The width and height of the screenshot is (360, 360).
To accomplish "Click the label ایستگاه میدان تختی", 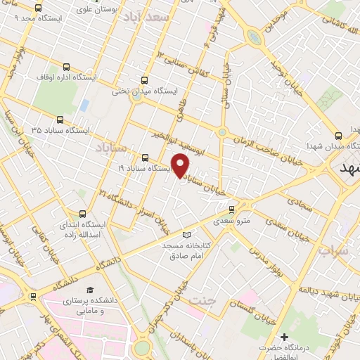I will pos(147,91).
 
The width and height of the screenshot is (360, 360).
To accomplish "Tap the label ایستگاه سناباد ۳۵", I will pos(60,131).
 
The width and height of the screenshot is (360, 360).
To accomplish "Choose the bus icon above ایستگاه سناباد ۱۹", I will pos(146,157).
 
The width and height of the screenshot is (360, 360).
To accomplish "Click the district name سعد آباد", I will pos(146,16).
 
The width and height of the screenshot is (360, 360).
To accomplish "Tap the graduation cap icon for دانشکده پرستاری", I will pos(89,290).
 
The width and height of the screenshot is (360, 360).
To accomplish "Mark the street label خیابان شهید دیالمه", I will pos(323,290).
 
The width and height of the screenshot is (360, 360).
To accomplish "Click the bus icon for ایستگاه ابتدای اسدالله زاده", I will pos(84,214).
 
